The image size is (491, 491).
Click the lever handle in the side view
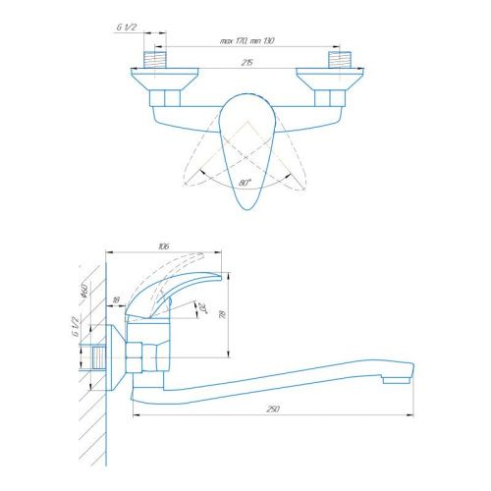187,290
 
